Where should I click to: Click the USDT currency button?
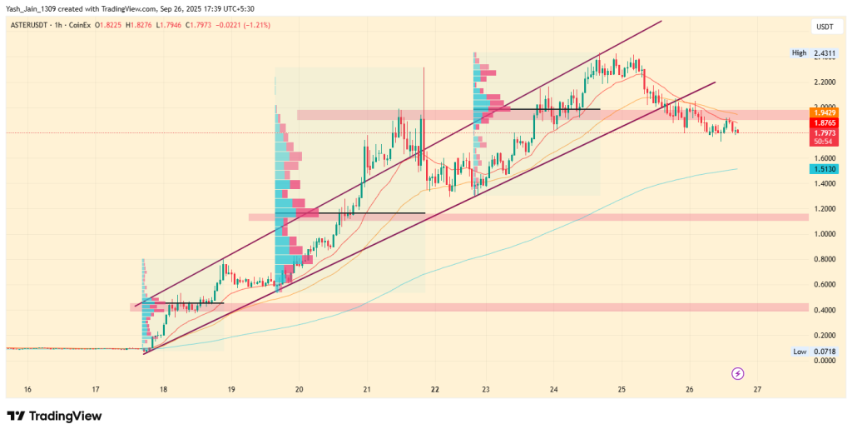[x=825, y=27]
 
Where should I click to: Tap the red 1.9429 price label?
[x=825, y=112]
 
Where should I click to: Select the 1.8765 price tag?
[x=825, y=122]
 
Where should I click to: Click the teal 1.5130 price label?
[x=825, y=170]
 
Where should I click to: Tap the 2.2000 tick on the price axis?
[x=825, y=82]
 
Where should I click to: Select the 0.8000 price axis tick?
[x=825, y=260]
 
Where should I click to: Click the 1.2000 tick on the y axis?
[x=825, y=209]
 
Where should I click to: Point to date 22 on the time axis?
[x=435, y=389]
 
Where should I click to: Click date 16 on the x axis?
[x=27, y=389]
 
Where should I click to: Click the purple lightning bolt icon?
[x=737, y=372]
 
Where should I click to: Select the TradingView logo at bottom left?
[x=54, y=416]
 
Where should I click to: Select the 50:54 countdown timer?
[x=825, y=142]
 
